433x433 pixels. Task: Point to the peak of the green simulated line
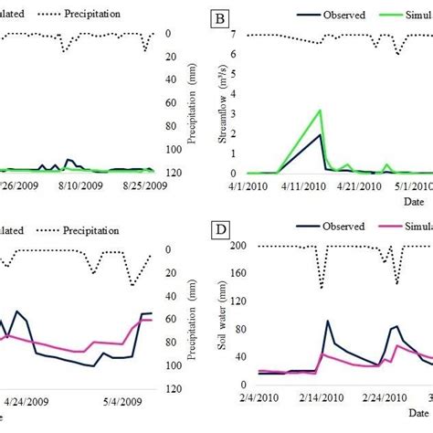(319, 110)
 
